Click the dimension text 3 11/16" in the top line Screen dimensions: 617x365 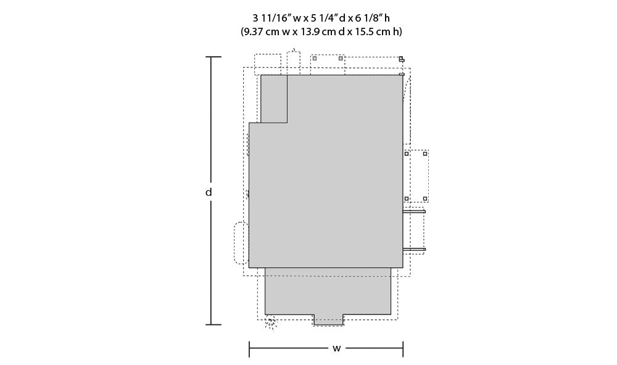tap(271, 18)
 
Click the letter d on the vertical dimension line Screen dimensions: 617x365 tap(209, 192)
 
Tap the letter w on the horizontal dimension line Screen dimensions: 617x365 tap(336, 348)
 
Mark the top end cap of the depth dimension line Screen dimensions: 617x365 tap(213, 57)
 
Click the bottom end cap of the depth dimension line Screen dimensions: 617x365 tap(213, 324)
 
